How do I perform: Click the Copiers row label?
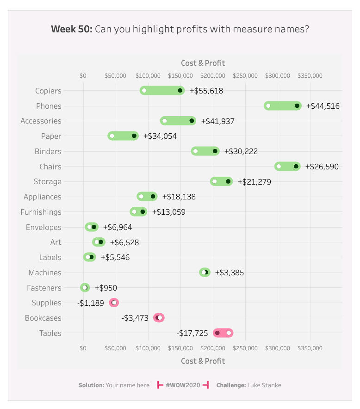coord(48,91)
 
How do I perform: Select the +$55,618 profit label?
coord(206,91)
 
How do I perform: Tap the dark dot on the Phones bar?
coord(297,106)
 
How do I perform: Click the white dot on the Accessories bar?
coord(164,121)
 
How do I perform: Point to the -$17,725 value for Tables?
coord(192,333)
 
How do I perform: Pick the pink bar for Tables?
coord(223,333)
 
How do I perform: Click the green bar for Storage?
coord(221,181)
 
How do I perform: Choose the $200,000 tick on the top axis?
coord(213,75)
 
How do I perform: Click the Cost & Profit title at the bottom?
coord(203,361)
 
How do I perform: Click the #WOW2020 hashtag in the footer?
coord(183,385)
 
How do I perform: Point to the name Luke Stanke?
coord(264,385)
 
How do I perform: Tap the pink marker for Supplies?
coord(114,303)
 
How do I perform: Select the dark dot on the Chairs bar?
coord(296,166)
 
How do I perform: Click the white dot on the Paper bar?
coord(112,136)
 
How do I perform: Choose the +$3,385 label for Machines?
coord(230,273)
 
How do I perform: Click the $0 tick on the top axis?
coord(83,75)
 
